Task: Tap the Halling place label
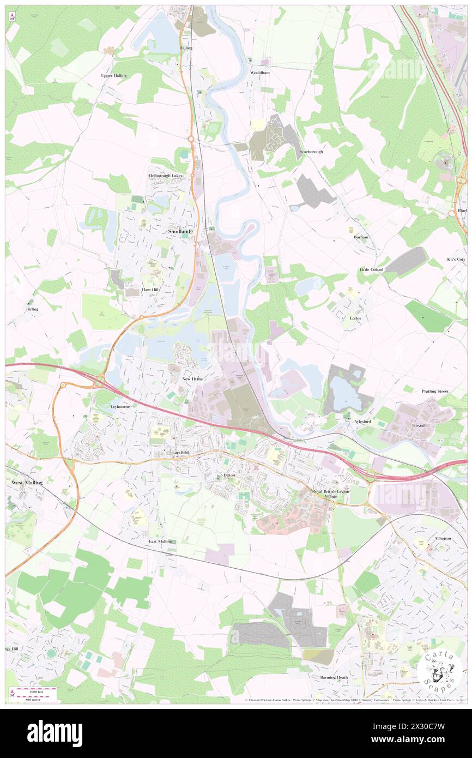[186, 48]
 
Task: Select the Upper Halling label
[114, 76]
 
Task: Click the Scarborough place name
[311, 152]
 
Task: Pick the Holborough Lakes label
[166, 176]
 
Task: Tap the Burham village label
[361, 237]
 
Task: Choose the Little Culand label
[371, 270]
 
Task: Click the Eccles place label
[355, 318]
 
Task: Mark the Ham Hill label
[150, 290]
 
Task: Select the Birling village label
[32, 309]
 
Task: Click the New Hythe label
[193, 378]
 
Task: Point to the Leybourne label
[120, 407]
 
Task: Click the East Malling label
[161, 542]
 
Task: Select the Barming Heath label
[334, 677]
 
